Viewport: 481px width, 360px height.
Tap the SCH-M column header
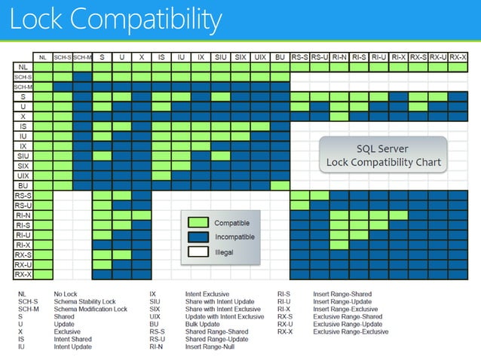click(x=82, y=56)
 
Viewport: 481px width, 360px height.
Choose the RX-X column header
click(x=458, y=56)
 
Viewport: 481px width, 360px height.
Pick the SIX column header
click(x=240, y=56)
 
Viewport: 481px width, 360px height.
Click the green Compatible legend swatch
click(x=197, y=223)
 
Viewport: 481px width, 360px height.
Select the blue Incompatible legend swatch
click(x=197, y=237)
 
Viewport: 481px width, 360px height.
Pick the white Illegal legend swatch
click(x=197, y=252)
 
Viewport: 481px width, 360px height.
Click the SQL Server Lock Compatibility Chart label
click(x=383, y=155)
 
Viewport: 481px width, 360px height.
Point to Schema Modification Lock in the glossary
click(x=90, y=309)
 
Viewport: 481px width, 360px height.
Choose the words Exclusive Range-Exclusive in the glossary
click(x=351, y=331)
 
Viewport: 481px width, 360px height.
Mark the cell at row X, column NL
click(x=43, y=116)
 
